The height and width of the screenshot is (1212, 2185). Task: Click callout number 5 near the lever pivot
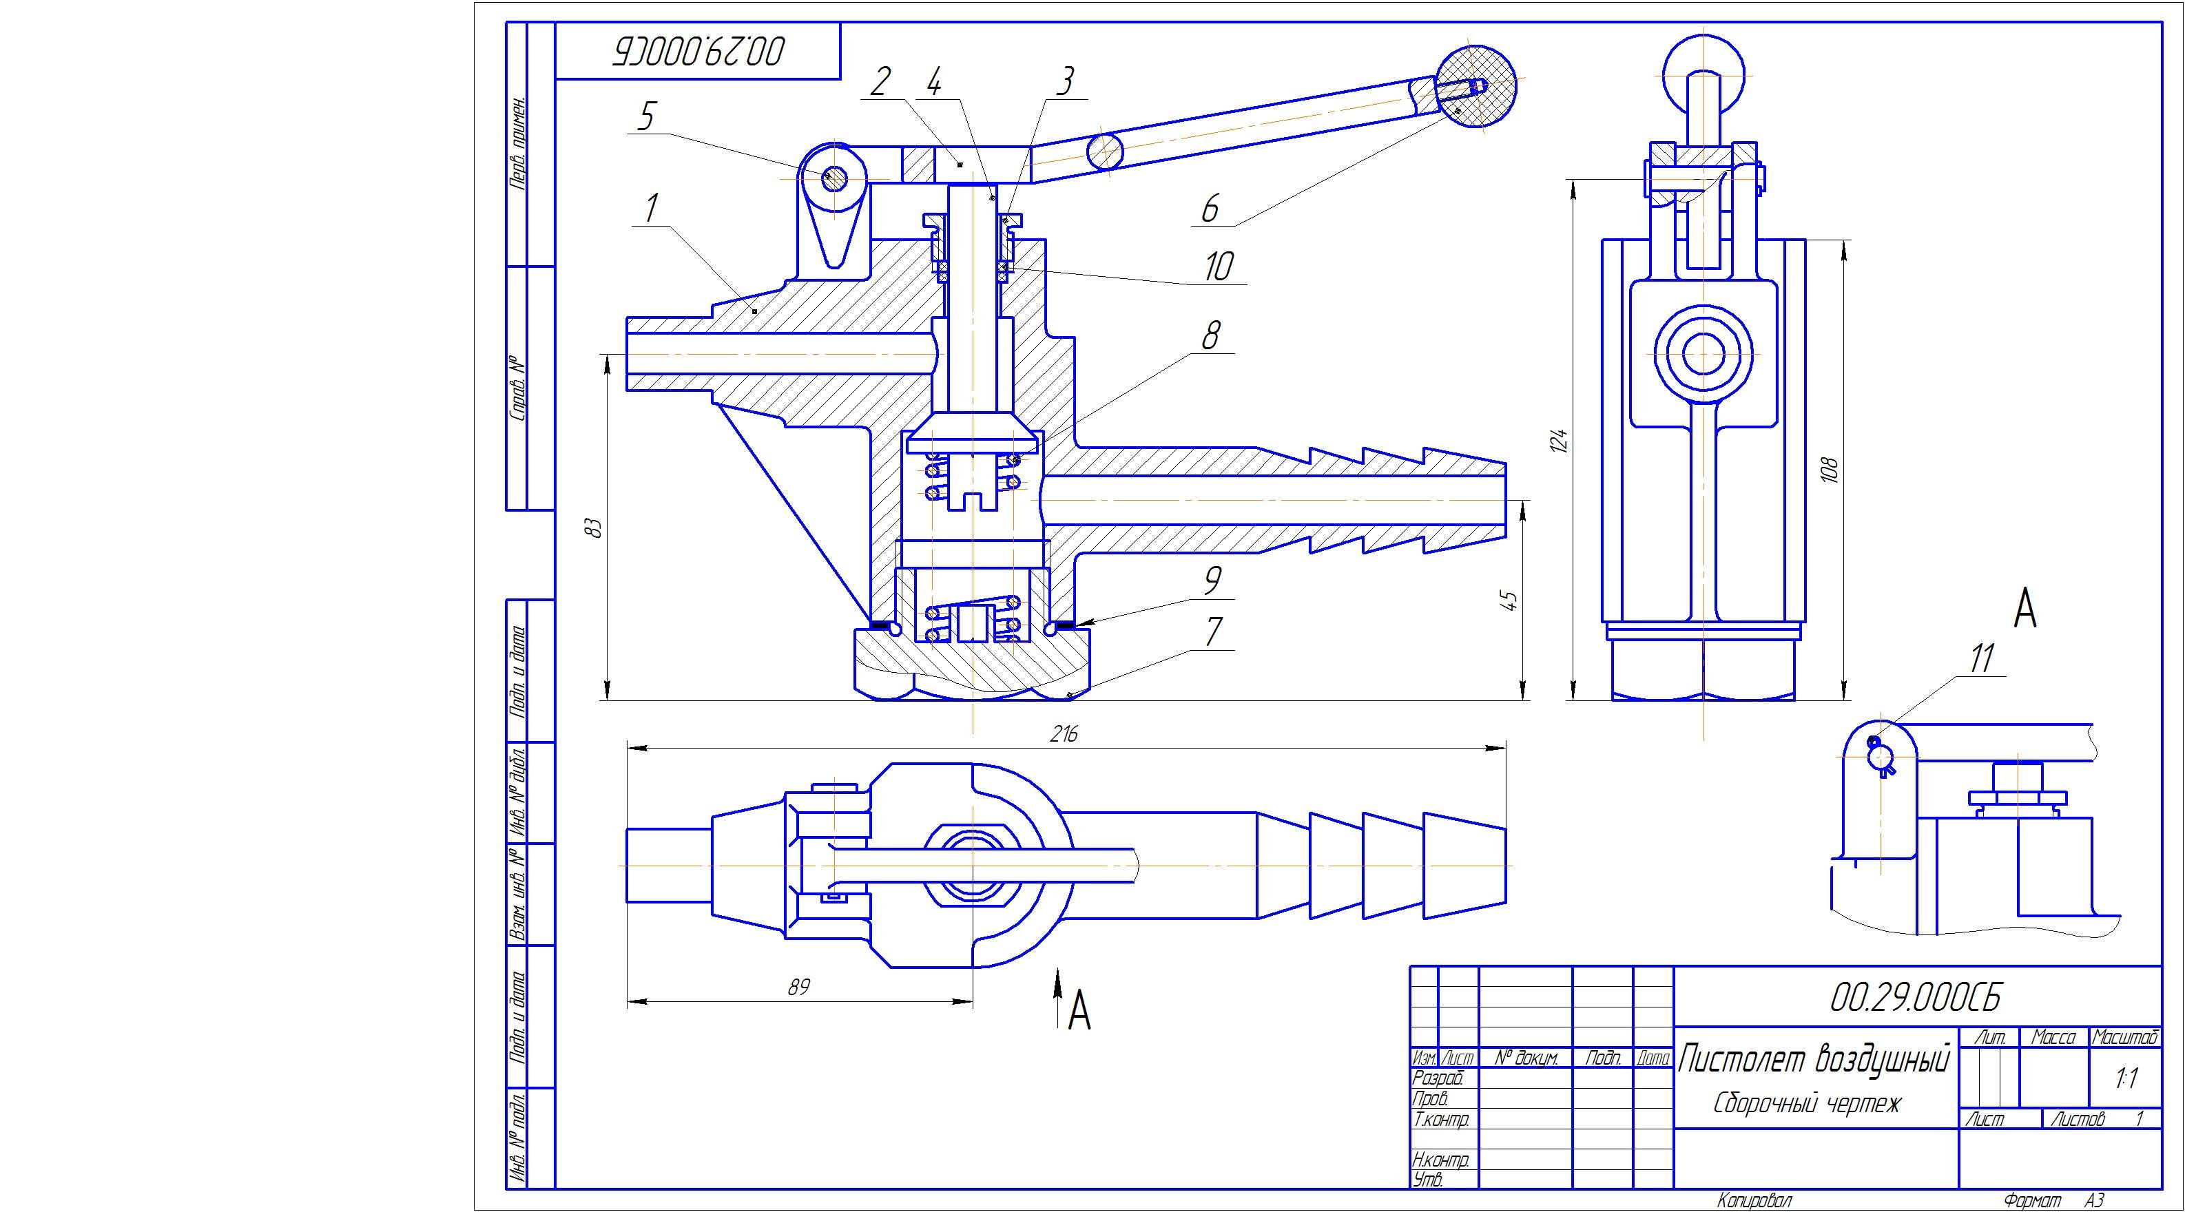tap(646, 116)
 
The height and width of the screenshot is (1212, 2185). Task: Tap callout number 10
tap(1218, 267)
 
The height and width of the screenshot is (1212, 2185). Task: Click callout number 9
tap(1212, 581)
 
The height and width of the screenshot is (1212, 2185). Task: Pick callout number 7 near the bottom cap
tap(1214, 632)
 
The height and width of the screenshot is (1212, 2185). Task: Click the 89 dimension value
tap(798, 988)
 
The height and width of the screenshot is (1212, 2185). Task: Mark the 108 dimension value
tap(1829, 470)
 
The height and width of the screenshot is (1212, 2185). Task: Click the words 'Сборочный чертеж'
tap(1807, 1103)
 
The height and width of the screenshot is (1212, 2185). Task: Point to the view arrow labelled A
tap(1059, 996)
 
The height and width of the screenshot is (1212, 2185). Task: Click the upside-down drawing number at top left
tap(698, 52)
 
